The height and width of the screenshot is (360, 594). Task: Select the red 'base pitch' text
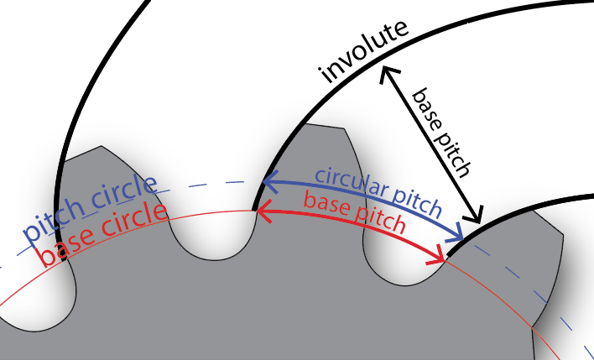pyautogui.click(x=354, y=213)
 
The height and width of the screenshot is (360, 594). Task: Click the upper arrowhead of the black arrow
pyautogui.click(x=386, y=72)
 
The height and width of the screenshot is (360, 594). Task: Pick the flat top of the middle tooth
pyautogui.click(x=323, y=128)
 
